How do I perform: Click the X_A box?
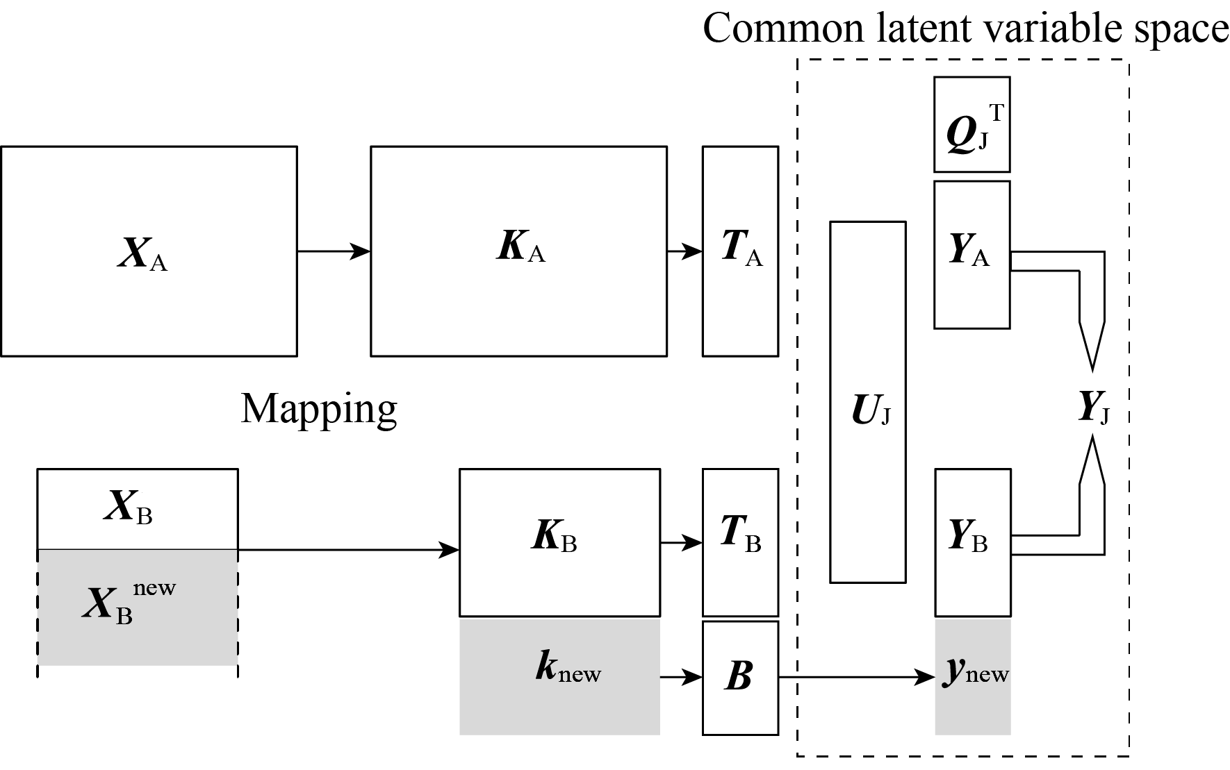(149, 251)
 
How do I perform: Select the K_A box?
(518, 251)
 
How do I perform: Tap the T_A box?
(740, 251)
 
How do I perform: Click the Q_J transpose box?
(971, 125)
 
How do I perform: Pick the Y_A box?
(971, 254)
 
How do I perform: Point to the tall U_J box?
(868, 402)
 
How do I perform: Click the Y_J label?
(1093, 407)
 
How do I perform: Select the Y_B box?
(972, 542)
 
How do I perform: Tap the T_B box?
(740, 542)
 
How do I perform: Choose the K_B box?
(559, 542)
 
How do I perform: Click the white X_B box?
(138, 509)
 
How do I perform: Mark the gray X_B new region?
(138, 607)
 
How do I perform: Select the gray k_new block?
(559, 676)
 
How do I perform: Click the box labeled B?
(740, 678)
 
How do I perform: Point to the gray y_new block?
(972, 676)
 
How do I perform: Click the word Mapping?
(319, 409)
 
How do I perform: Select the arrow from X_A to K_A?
(334, 251)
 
